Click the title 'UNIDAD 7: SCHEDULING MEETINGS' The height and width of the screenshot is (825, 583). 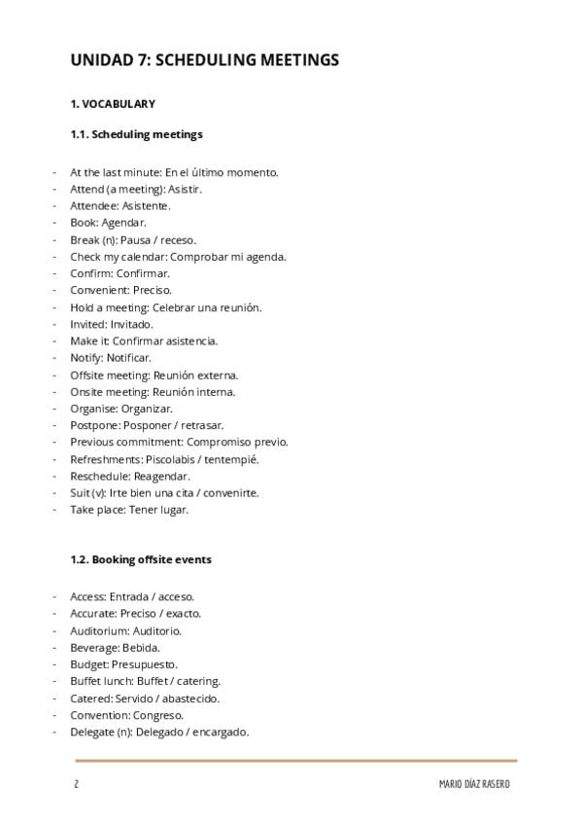(x=204, y=60)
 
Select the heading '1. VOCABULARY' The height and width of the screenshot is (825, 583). (x=112, y=104)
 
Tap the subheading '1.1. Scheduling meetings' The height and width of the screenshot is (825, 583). (x=136, y=134)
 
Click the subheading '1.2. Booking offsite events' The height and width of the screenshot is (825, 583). (x=141, y=559)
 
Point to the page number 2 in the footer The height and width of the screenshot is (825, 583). (x=76, y=784)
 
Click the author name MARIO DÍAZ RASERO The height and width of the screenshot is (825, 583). (x=474, y=784)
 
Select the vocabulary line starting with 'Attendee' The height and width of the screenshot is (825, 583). (x=120, y=206)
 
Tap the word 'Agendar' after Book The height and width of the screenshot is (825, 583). (x=123, y=223)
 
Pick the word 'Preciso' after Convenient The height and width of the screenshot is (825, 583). (x=152, y=290)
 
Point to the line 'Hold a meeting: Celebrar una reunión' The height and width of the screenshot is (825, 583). (x=165, y=307)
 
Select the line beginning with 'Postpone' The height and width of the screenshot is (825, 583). (x=147, y=425)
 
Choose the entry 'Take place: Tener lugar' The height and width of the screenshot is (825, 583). (x=129, y=510)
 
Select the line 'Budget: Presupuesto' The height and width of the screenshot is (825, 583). (x=123, y=664)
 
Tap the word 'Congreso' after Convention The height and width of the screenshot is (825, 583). (x=157, y=715)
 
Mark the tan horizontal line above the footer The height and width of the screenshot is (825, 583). (x=295, y=760)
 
